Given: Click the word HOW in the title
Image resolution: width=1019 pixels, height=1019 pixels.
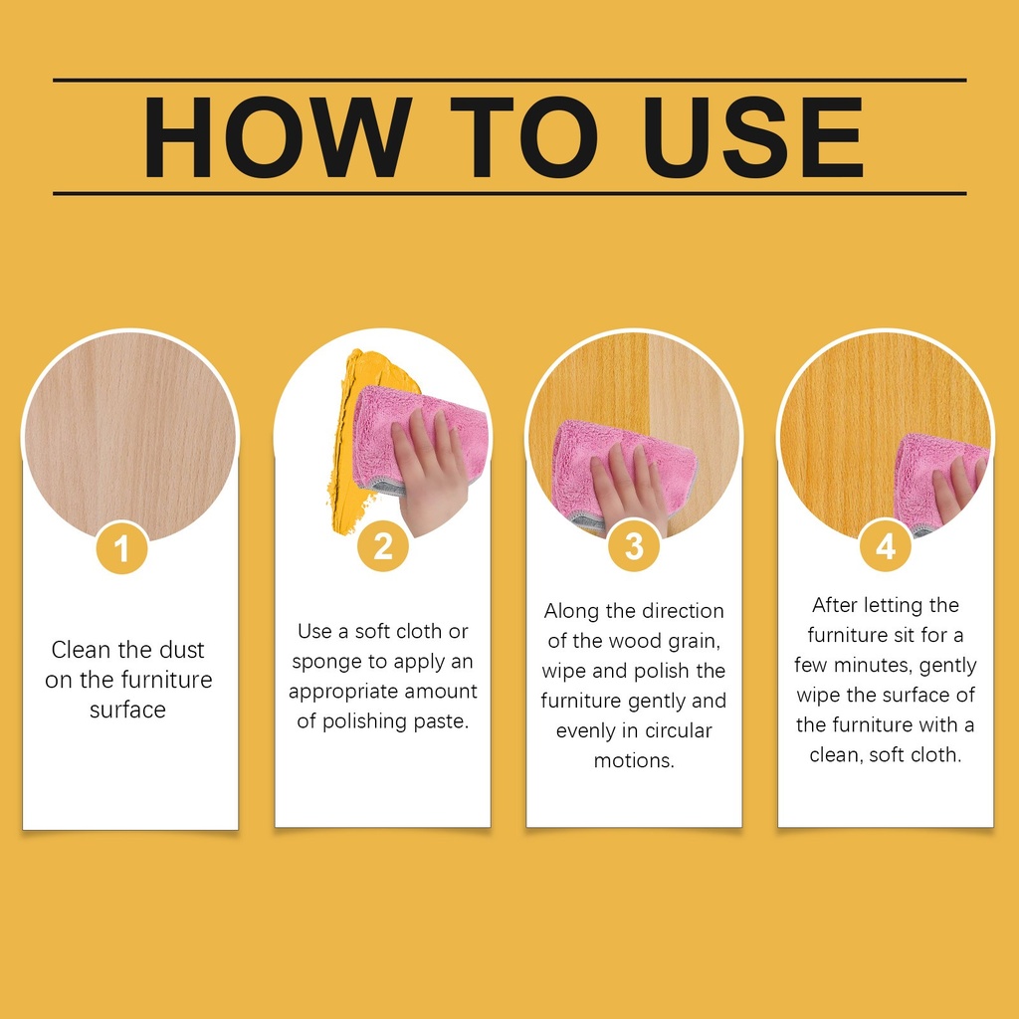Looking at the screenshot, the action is pos(279,137).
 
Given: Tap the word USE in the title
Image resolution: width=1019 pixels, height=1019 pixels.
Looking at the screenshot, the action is pos(753,137).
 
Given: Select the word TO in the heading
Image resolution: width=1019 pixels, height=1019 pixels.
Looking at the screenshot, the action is pos(524,137).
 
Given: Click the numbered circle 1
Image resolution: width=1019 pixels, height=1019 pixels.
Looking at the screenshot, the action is pos(121,548).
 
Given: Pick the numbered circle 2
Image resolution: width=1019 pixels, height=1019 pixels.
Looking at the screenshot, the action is pos(383,546).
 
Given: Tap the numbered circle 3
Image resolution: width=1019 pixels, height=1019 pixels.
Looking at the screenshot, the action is pos(634,546).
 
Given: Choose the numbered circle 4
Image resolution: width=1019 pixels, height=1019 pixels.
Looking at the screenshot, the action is pos(885,546).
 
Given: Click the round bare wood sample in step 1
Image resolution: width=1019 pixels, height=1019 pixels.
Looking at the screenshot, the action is pos(130,437).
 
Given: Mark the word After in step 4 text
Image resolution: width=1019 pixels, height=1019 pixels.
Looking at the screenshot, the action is pos(835,605).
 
